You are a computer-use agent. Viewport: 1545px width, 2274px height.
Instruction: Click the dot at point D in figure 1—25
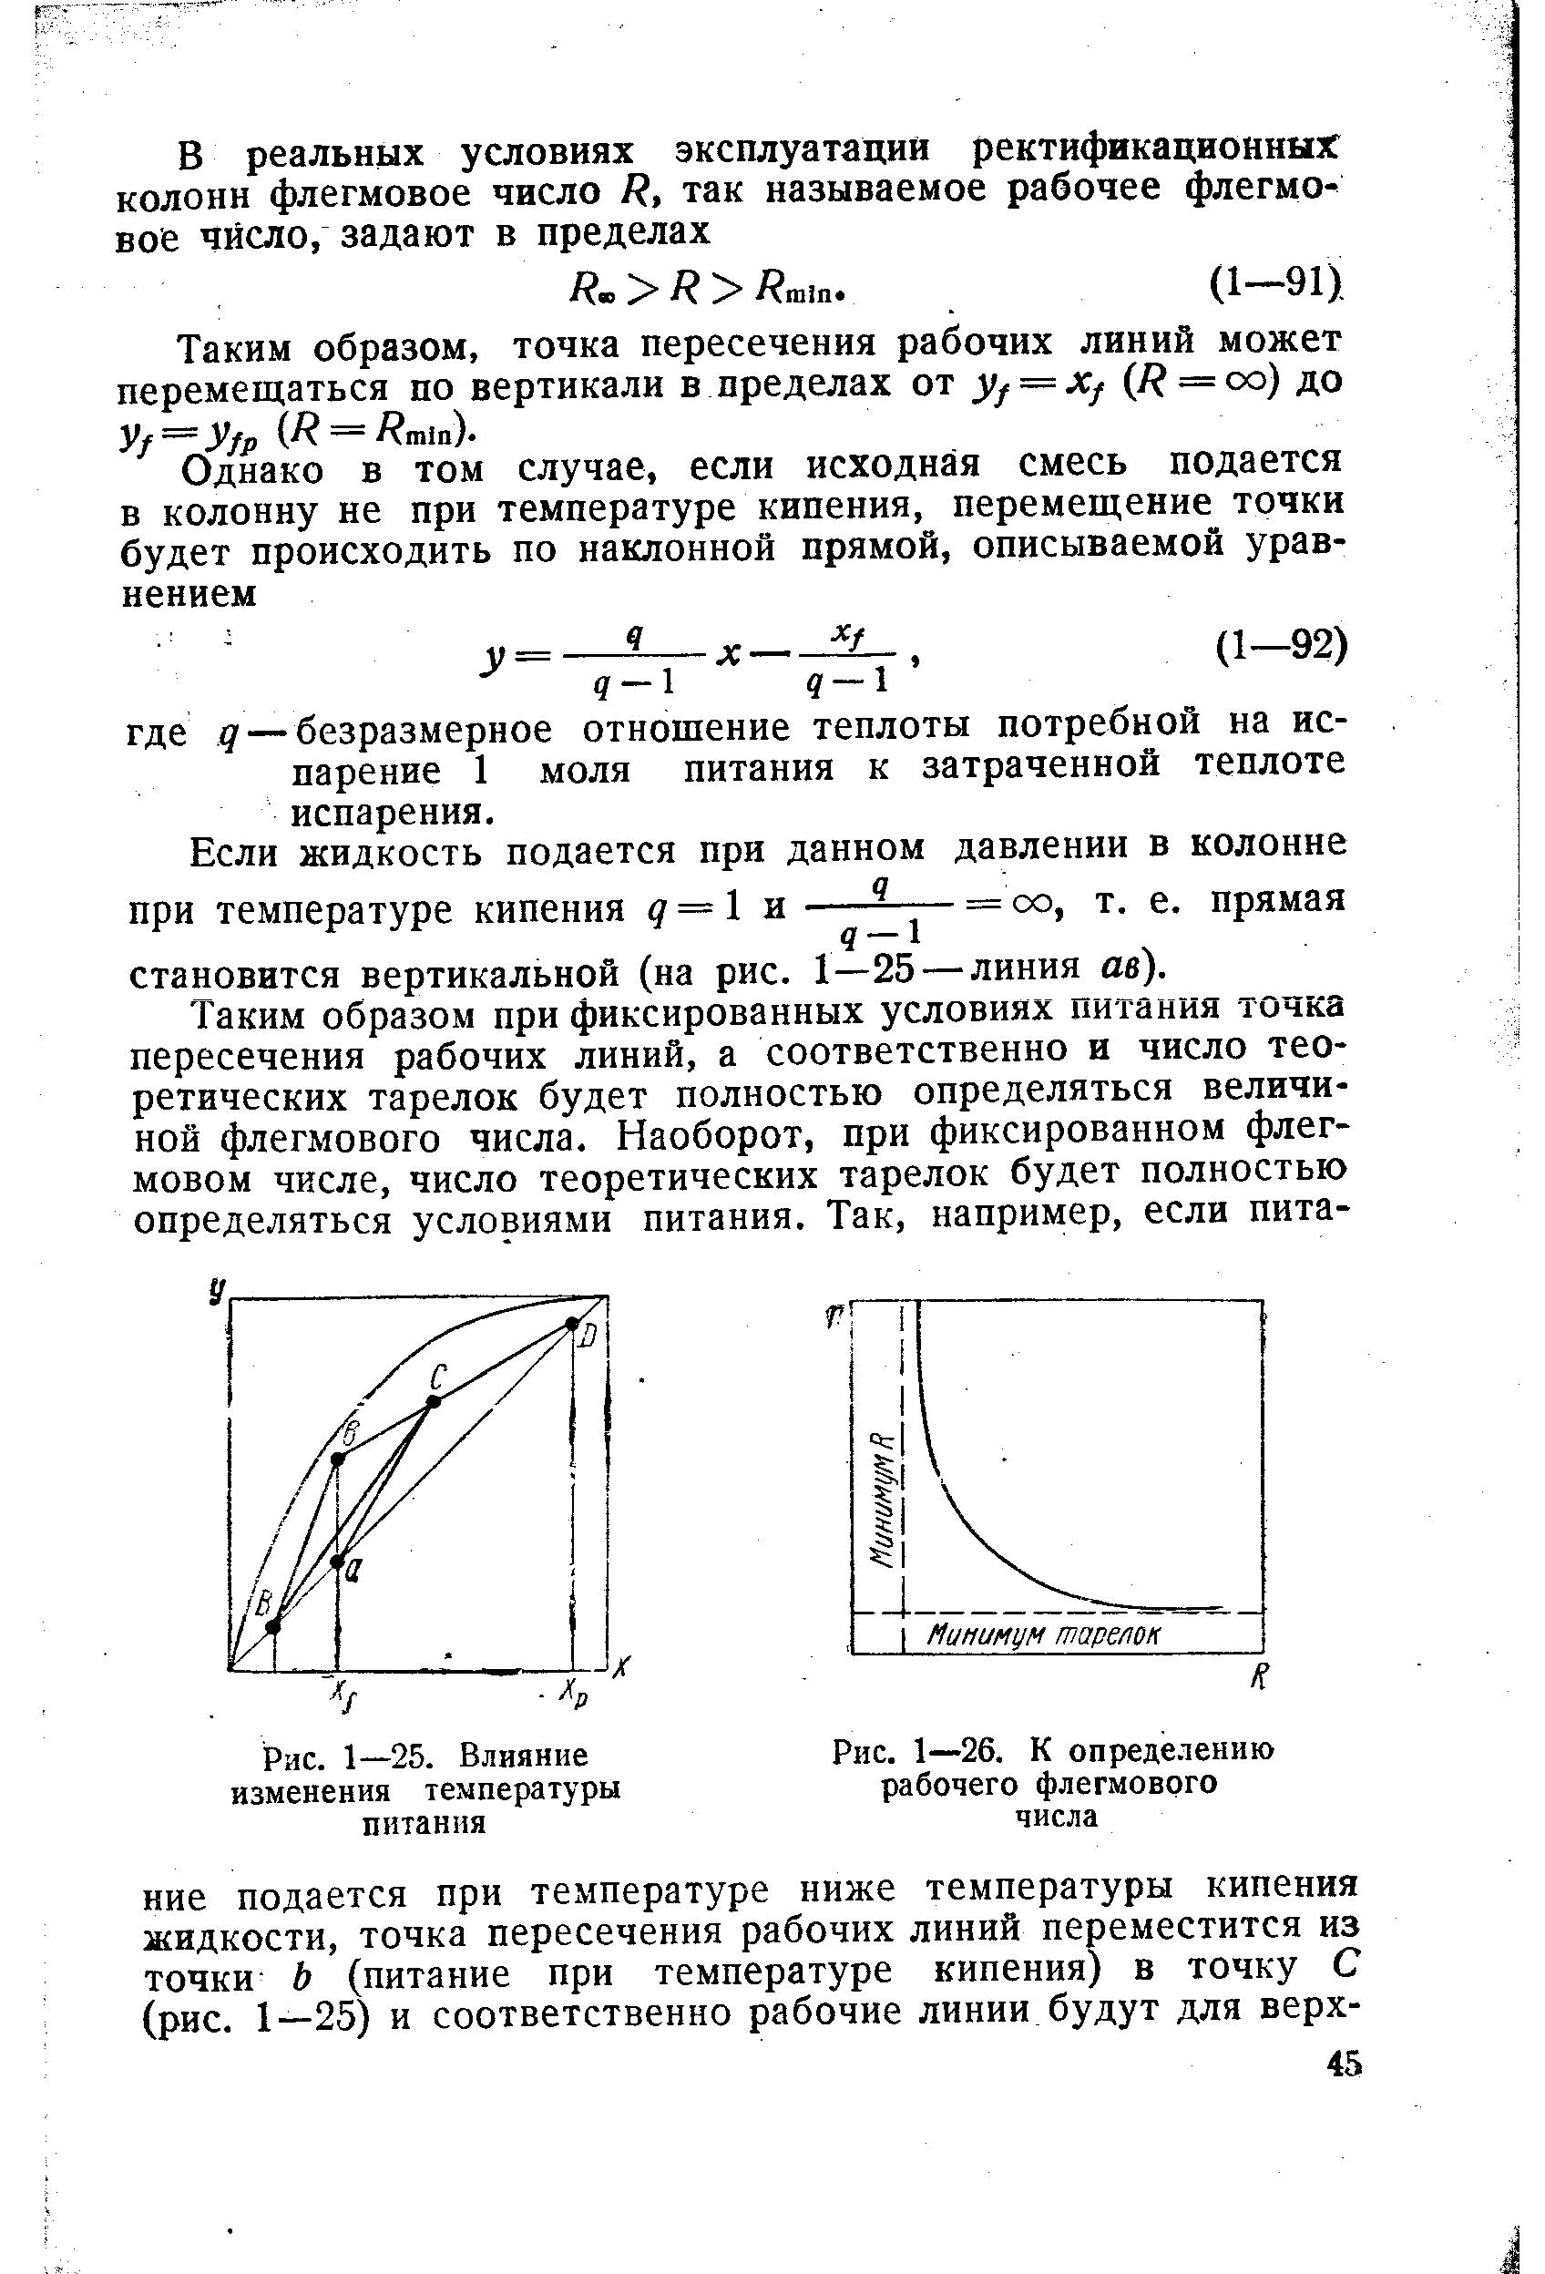571,1324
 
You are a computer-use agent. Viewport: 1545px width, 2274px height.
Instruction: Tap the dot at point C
434,1401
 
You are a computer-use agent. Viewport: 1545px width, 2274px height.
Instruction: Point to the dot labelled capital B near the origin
273,1626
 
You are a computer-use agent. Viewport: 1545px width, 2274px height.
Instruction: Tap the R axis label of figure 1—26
1259,1678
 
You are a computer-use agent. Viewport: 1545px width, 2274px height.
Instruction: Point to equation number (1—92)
1280,647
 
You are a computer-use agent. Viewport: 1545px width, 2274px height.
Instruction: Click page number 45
1344,2064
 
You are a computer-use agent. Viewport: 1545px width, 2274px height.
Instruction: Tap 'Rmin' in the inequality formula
801,288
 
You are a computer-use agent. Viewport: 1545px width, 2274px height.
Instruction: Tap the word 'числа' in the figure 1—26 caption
1056,1816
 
